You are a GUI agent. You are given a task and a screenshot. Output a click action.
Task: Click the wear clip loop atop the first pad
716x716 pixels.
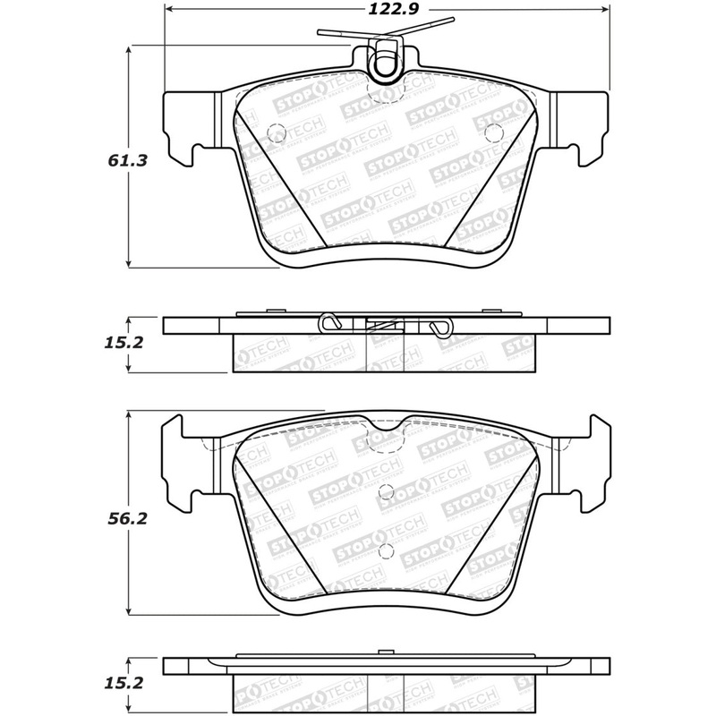387,61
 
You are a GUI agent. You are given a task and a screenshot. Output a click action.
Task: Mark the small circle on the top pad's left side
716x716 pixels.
276,132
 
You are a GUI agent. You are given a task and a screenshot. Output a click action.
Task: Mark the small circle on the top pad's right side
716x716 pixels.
490,132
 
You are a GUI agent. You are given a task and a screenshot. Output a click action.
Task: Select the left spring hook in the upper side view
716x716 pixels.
330,324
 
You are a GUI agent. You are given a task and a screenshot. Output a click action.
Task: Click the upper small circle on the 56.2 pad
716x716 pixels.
386,490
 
